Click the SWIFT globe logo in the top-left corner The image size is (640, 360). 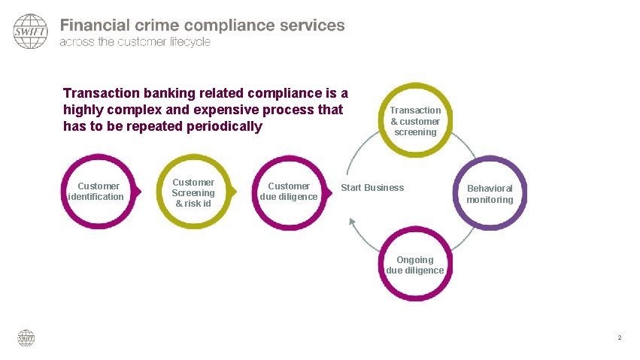30,32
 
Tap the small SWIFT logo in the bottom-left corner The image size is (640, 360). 26,338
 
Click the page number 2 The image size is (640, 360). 619,337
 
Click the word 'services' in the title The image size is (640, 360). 311,25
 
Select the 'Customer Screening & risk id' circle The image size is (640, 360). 193,193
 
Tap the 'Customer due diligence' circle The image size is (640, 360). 289,192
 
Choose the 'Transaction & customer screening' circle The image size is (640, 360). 415,121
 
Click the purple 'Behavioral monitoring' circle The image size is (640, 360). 490,194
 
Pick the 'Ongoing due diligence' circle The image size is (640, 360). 415,265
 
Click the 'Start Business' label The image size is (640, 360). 372,188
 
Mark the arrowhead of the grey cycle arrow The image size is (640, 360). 351,221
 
